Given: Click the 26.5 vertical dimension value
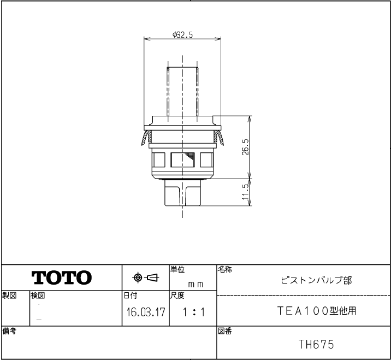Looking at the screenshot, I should [x=245, y=146].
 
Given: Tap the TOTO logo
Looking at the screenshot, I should [x=61, y=278].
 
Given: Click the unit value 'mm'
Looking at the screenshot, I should [x=195, y=284].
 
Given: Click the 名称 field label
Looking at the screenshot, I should [x=224, y=269].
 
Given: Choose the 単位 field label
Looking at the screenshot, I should [x=177, y=269].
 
